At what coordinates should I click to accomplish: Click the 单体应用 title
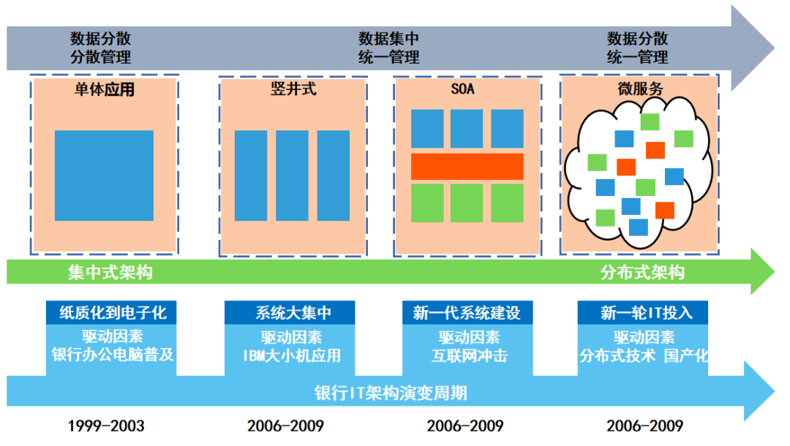point(104,91)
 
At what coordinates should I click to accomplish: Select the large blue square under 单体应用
point(104,175)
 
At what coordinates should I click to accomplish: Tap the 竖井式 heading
point(293,91)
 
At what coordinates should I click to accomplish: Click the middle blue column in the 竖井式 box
point(292,175)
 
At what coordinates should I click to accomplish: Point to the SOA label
point(467,91)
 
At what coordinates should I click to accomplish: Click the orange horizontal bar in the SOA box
point(467,167)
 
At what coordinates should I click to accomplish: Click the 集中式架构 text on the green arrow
point(110,273)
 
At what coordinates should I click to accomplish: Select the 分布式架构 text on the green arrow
point(642,273)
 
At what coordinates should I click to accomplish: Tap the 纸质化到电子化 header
point(112,314)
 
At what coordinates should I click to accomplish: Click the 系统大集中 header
point(293,314)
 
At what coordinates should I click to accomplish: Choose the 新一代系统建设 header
point(467,314)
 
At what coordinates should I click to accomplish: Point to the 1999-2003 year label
point(107,426)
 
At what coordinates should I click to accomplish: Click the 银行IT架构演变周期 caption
point(391,393)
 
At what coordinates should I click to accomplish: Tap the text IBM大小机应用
point(292,356)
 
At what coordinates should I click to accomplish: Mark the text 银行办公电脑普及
point(112,356)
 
